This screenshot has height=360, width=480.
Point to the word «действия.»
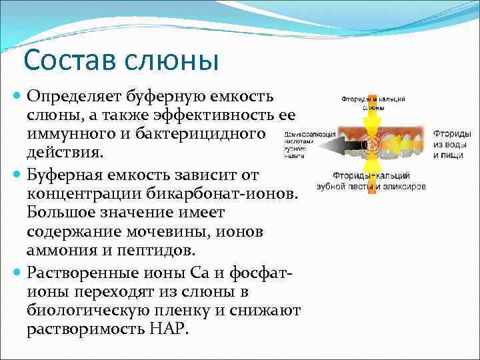(65, 153)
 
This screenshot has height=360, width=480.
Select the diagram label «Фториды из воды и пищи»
(452, 144)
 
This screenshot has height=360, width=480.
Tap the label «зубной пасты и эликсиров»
(371, 187)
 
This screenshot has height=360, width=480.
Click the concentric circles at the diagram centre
(371, 143)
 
